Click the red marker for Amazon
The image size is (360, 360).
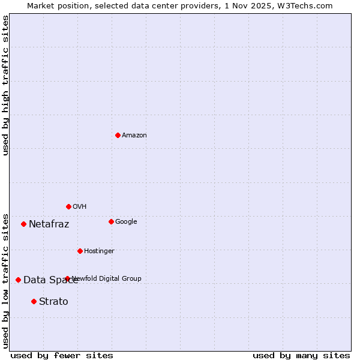pos(118,135)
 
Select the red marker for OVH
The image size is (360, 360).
pos(68,206)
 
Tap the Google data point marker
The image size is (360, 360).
pos(111,221)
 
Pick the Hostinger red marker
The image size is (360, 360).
pos(80,251)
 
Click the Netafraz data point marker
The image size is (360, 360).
pos(23,224)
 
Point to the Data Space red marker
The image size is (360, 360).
pos(18,280)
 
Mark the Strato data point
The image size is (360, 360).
pos(34,301)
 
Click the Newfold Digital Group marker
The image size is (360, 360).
pos(67,278)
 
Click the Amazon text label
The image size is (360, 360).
pos(134,136)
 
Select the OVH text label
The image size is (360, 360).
pos(80,207)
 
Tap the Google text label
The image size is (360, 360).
pos(126,222)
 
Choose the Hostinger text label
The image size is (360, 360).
pos(99,251)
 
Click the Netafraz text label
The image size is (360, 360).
pos(49,224)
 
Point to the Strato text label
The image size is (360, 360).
pos(53,302)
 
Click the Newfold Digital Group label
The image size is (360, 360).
pos(107,278)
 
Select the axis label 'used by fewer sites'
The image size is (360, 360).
pos(62,355)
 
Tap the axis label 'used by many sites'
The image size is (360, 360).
pos(301,355)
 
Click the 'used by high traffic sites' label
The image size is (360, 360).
pos(6,85)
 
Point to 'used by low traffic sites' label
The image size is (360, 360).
pos(6,280)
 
